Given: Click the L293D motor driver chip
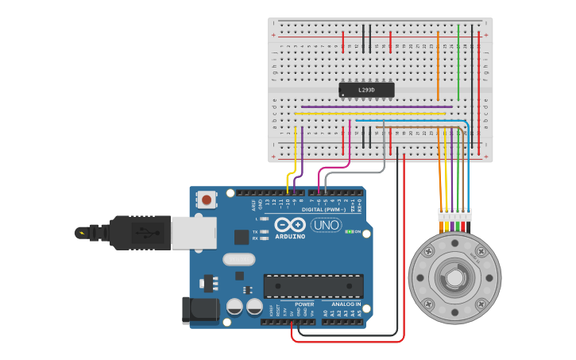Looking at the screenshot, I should click(x=366, y=90).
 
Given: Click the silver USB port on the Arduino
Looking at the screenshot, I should click(x=193, y=233).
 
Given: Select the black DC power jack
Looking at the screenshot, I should click(x=199, y=310).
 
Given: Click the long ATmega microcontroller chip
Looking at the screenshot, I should click(x=313, y=286).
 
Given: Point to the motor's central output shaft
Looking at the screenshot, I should click(x=454, y=278).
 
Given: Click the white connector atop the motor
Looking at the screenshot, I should click(x=454, y=215).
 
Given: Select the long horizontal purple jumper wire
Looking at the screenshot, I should click(x=377, y=106).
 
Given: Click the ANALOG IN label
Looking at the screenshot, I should click(x=346, y=304).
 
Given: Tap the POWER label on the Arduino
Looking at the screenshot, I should click(x=304, y=304).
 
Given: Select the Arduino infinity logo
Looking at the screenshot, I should click(x=290, y=225).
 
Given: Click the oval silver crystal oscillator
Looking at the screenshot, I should click(x=238, y=259).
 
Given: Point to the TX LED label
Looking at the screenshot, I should click(x=254, y=231).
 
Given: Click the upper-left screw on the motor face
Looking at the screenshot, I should click(x=428, y=252).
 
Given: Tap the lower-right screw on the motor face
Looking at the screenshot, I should click(x=481, y=304).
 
